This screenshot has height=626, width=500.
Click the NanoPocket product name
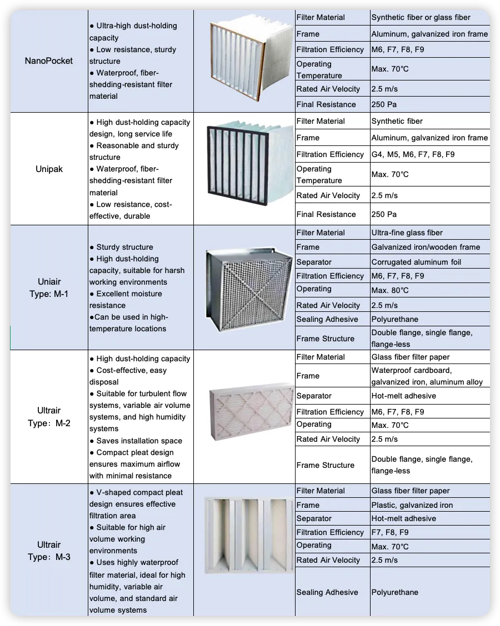(49, 61)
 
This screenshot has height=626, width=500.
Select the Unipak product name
(49, 169)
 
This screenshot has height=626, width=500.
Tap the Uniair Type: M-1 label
(49, 288)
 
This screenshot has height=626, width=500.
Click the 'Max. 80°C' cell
(390, 290)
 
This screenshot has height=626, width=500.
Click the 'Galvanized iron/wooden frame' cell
(426, 247)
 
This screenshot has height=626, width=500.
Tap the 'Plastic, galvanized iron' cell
(412, 505)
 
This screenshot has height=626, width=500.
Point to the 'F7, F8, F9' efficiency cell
(390, 532)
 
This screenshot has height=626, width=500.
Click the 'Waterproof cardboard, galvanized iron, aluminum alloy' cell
(427, 376)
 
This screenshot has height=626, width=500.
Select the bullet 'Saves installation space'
(139, 441)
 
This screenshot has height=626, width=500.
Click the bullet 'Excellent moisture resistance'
(128, 300)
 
